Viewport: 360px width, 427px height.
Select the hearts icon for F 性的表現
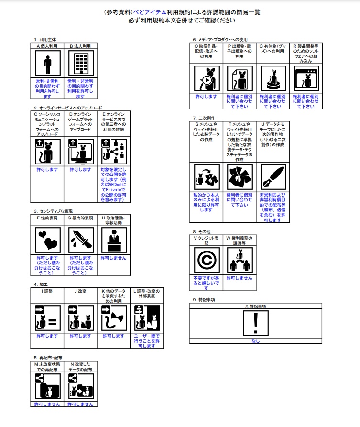pos(47,239)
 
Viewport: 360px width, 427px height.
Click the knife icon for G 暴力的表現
pos(80,239)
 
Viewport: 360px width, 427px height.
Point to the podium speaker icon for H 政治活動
pos(113,239)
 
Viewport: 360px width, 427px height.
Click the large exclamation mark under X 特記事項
pos(256,323)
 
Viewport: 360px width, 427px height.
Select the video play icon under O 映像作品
pos(207,79)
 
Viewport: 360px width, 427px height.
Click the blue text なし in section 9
pos(256,341)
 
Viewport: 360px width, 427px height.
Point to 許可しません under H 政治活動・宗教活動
pos(113,258)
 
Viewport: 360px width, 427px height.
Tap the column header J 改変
pos(80,291)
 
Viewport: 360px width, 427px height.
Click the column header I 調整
pos(47,291)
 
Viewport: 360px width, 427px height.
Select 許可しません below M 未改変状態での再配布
pos(47,404)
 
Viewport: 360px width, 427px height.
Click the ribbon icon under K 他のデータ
pos(113,318)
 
